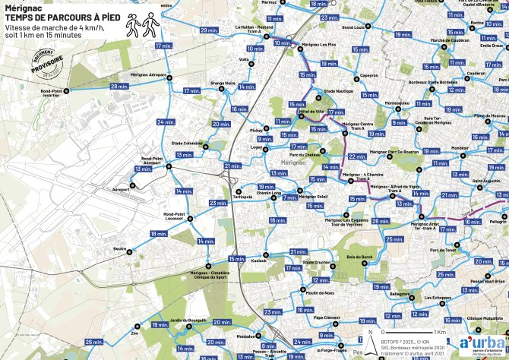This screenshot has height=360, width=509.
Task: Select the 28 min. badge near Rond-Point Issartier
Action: click(119, 87)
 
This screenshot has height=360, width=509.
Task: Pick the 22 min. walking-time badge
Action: click(356, 157)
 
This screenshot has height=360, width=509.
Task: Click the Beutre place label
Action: click(119, 248)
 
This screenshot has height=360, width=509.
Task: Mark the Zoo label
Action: click(135, 333)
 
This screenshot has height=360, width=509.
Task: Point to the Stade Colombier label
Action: click(187, 142)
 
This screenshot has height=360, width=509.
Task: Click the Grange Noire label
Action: click(223, 83)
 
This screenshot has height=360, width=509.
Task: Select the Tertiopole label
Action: click(242, 197)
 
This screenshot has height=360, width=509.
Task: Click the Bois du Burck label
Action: click(359, 257)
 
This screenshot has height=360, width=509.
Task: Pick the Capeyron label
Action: click(369, 75)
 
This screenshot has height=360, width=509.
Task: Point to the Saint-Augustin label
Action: click(486, 181)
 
